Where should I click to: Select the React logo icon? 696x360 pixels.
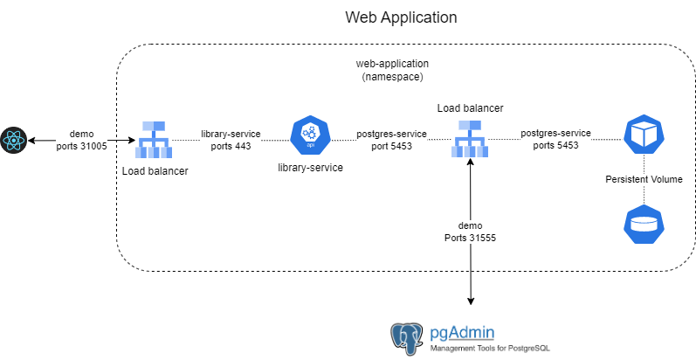[14, 139]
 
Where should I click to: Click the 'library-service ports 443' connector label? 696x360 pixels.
[231, 140]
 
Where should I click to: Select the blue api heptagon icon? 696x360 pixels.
[307, 135]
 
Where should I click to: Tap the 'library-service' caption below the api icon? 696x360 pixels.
[309, 166]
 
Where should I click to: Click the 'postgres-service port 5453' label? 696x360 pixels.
[391, 140]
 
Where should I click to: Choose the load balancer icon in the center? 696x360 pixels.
[470, 139]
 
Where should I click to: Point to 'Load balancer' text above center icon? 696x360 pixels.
[470, 107]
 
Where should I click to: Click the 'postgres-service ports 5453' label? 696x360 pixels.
[555, 140]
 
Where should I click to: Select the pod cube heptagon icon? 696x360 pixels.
[643, 134]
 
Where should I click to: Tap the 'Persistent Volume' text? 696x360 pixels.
[644, 179]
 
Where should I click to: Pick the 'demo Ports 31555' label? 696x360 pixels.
[470, 231]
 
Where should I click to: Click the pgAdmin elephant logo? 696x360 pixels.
[408, 337]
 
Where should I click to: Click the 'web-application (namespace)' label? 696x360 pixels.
[390, 71]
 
